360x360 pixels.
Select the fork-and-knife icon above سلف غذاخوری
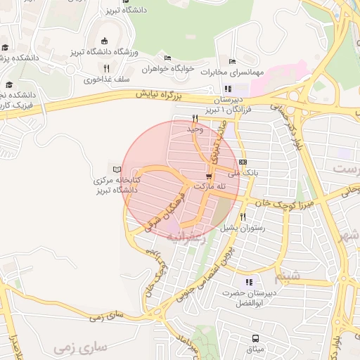point(107,68)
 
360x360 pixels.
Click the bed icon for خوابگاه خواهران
point(167,58)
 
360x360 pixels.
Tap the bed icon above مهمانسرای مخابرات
point(233,60)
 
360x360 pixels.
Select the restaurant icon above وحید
point(194,118)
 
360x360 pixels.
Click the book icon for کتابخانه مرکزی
point(117,169)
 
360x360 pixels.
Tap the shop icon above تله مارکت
point(208,176)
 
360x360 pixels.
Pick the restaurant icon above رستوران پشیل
point(243,217)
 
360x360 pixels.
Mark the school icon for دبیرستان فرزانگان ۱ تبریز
point(227,89)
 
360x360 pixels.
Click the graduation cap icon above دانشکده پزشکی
point(5,47)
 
